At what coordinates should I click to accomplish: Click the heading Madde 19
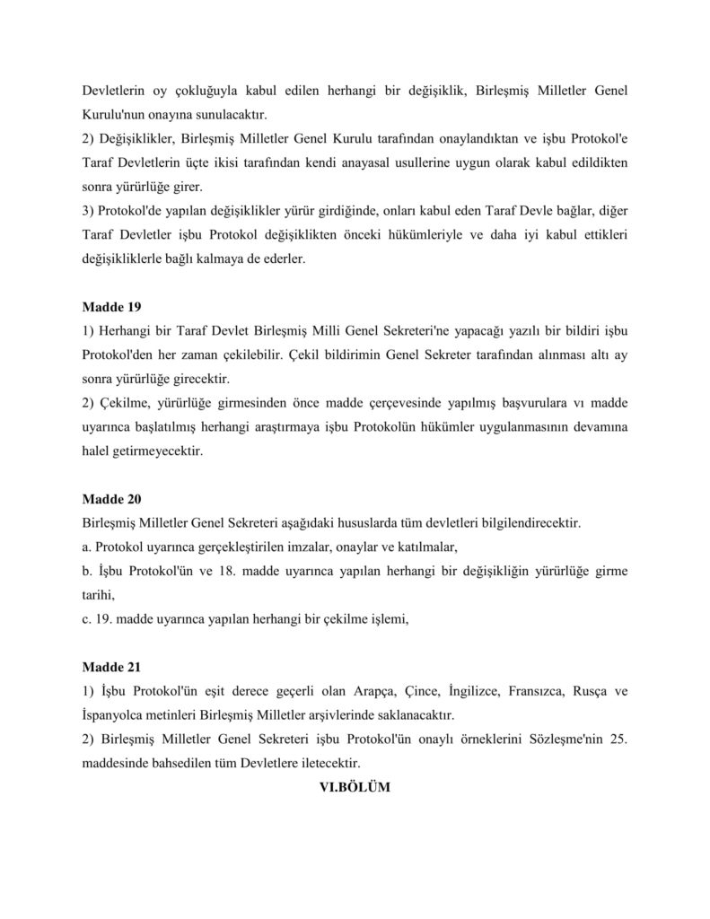(111, 307)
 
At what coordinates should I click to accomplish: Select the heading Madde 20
(111, 498)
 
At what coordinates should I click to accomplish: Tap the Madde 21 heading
(111, 668)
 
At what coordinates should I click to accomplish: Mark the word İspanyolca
(118, 715)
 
